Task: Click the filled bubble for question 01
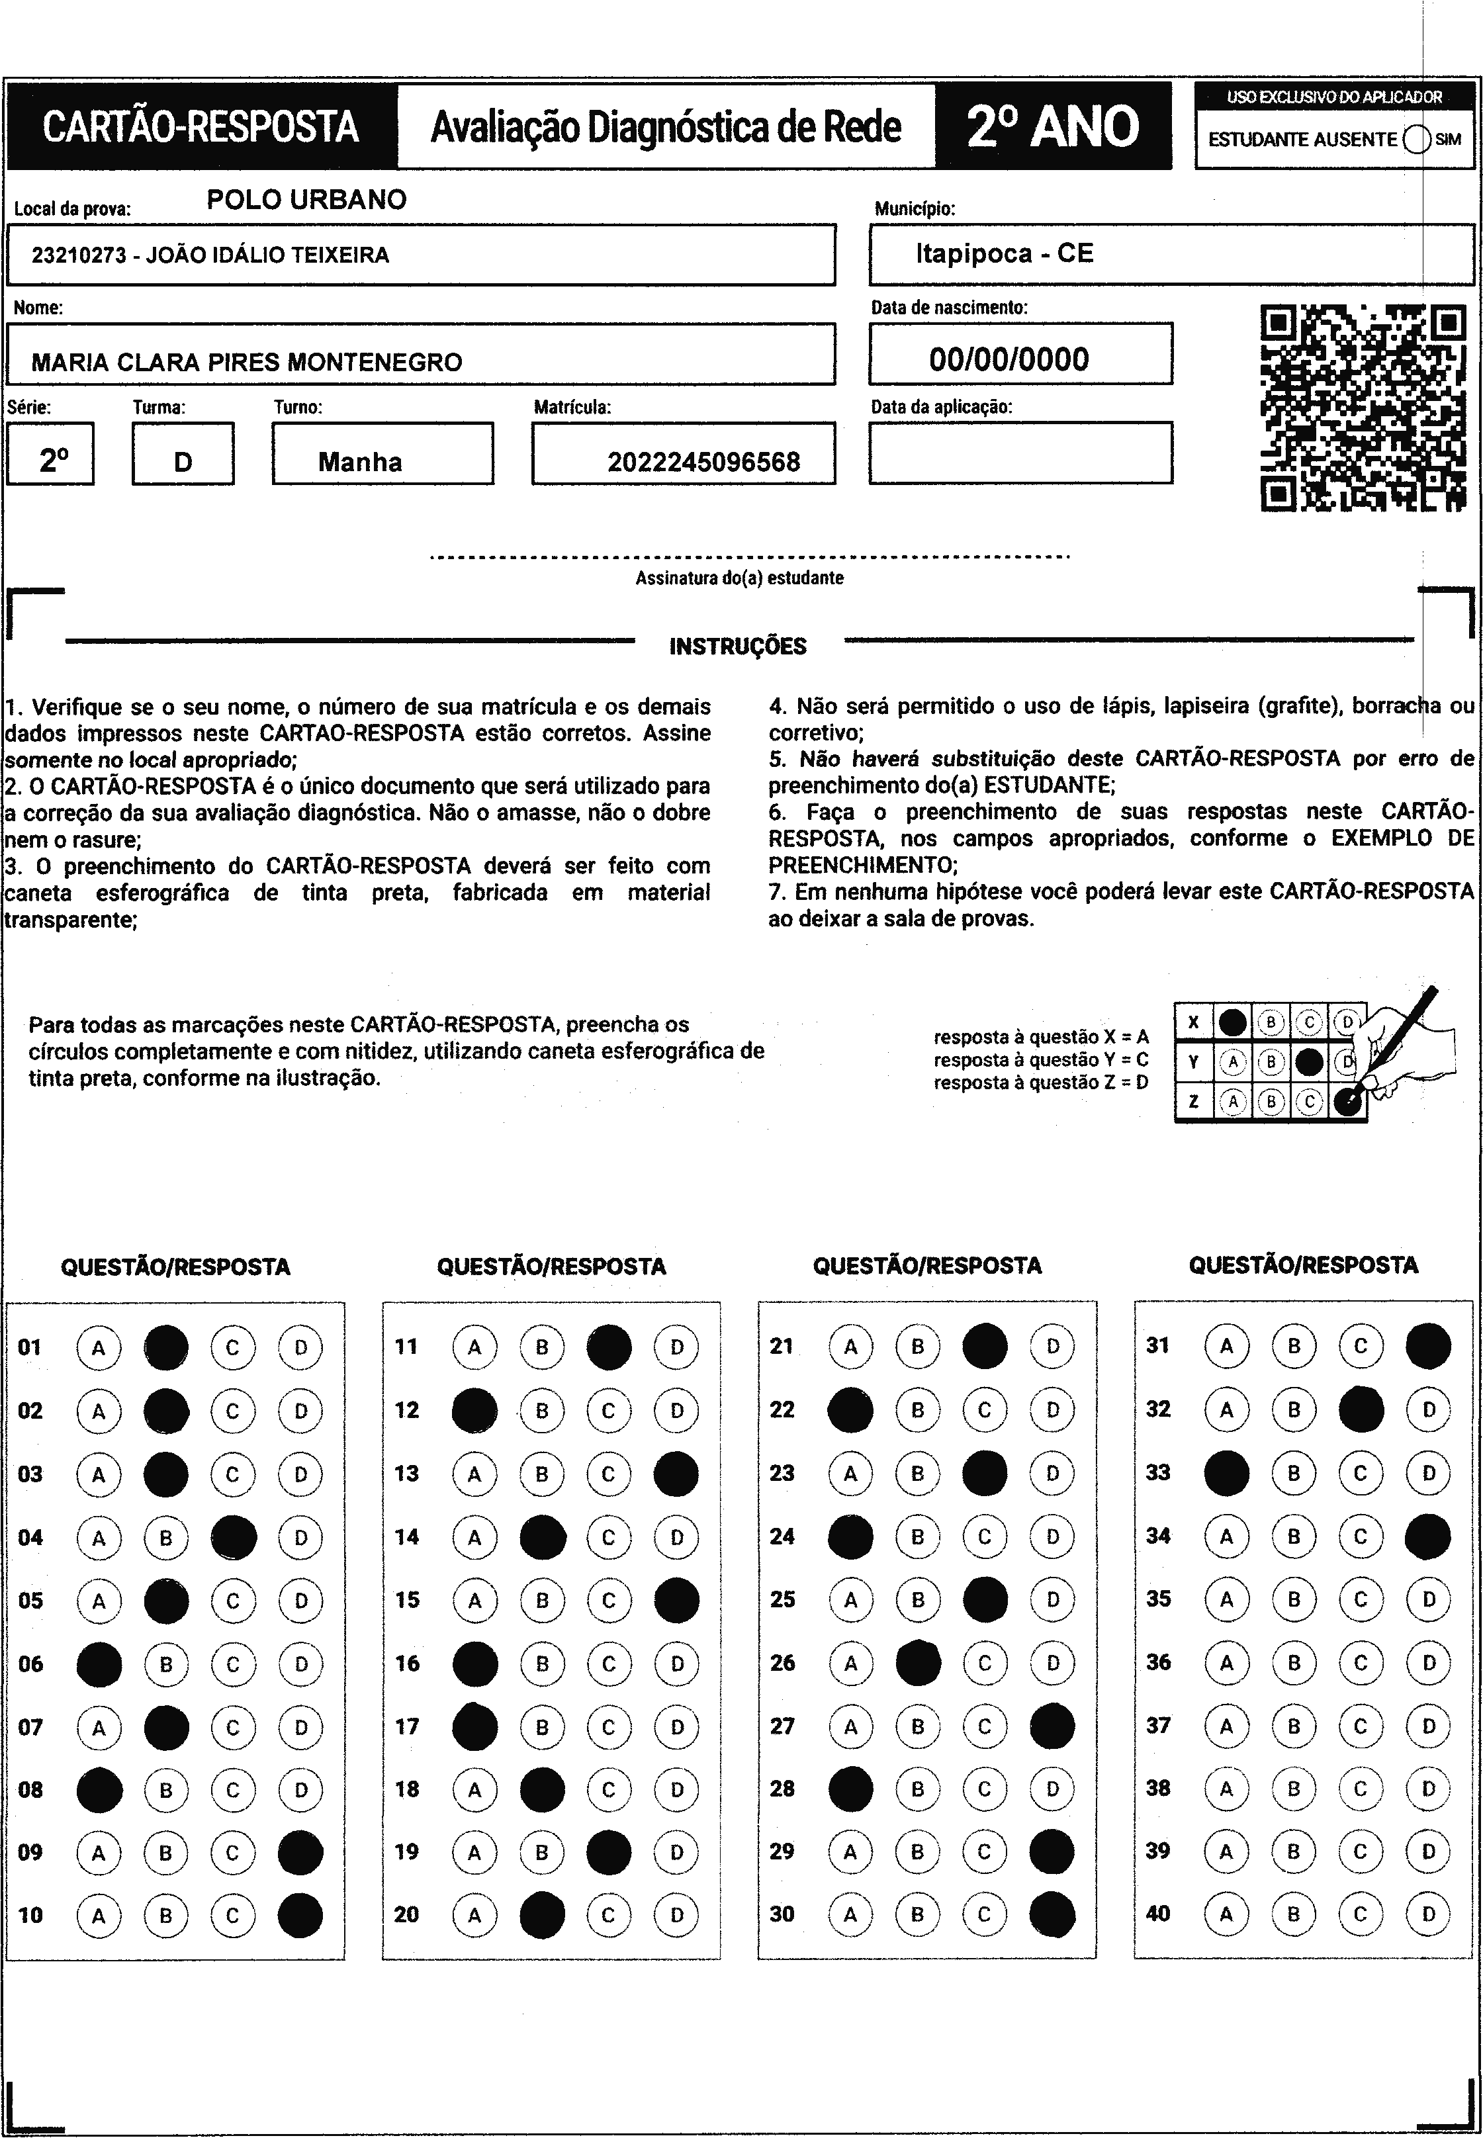166,1347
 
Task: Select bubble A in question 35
1226,1599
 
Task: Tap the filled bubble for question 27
1053,1726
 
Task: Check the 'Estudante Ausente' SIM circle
1417,140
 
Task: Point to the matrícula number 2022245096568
703,462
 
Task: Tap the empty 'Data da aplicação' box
1020,453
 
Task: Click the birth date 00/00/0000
1009,359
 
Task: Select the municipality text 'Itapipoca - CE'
1005,253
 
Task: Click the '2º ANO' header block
1053,126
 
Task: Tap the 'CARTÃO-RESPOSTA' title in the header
201,127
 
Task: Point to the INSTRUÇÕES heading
738,646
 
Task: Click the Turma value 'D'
183,462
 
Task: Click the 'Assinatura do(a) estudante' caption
740,578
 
